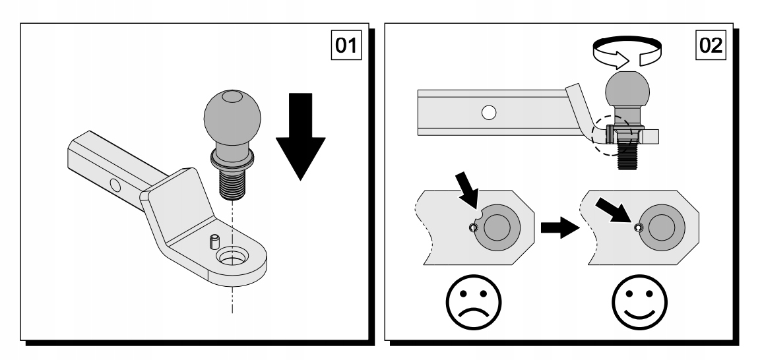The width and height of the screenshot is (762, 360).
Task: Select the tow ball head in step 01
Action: click(232, 122)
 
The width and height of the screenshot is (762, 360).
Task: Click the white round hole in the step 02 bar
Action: click(488, 113)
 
